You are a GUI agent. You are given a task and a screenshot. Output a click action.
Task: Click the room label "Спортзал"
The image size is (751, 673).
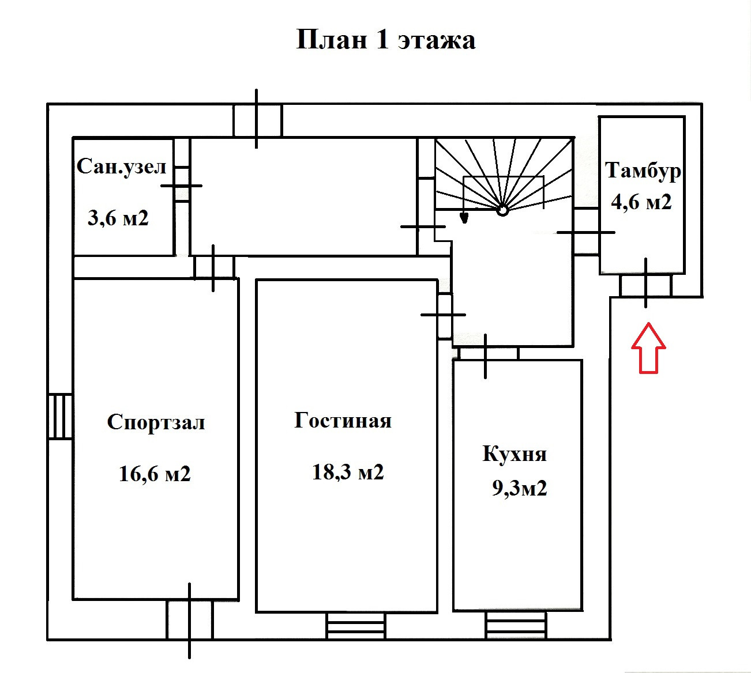156,422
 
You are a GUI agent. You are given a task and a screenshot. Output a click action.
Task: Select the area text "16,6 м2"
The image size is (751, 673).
155,474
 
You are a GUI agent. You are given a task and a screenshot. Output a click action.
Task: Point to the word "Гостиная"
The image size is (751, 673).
343,420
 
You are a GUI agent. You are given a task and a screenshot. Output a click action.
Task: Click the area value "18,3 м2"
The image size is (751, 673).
348,472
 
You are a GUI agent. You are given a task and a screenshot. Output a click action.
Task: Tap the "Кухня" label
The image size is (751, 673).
515,454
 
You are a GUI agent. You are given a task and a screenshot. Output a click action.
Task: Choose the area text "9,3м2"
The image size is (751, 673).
519,488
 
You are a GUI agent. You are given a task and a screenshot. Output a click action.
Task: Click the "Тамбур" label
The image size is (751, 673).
643,171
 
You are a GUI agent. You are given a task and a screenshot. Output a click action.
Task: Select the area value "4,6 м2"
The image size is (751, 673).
641,202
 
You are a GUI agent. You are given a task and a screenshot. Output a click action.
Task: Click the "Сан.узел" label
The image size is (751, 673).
122,167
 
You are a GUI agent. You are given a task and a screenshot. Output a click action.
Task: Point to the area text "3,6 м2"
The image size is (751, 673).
118,218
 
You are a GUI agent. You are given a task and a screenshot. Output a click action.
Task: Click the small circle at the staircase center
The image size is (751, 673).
502,210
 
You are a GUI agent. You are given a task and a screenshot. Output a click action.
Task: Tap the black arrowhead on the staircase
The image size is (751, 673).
463,217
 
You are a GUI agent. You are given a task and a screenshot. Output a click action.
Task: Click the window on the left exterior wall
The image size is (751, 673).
60,416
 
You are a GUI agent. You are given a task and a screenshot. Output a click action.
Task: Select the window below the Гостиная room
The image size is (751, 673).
355,625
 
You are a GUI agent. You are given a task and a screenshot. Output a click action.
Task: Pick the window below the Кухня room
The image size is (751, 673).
515,625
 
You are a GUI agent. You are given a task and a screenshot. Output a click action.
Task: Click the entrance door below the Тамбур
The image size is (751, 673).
645,285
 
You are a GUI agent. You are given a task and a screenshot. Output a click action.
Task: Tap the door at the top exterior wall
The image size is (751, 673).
257,120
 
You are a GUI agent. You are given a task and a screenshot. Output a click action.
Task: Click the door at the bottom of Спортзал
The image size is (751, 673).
190,620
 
